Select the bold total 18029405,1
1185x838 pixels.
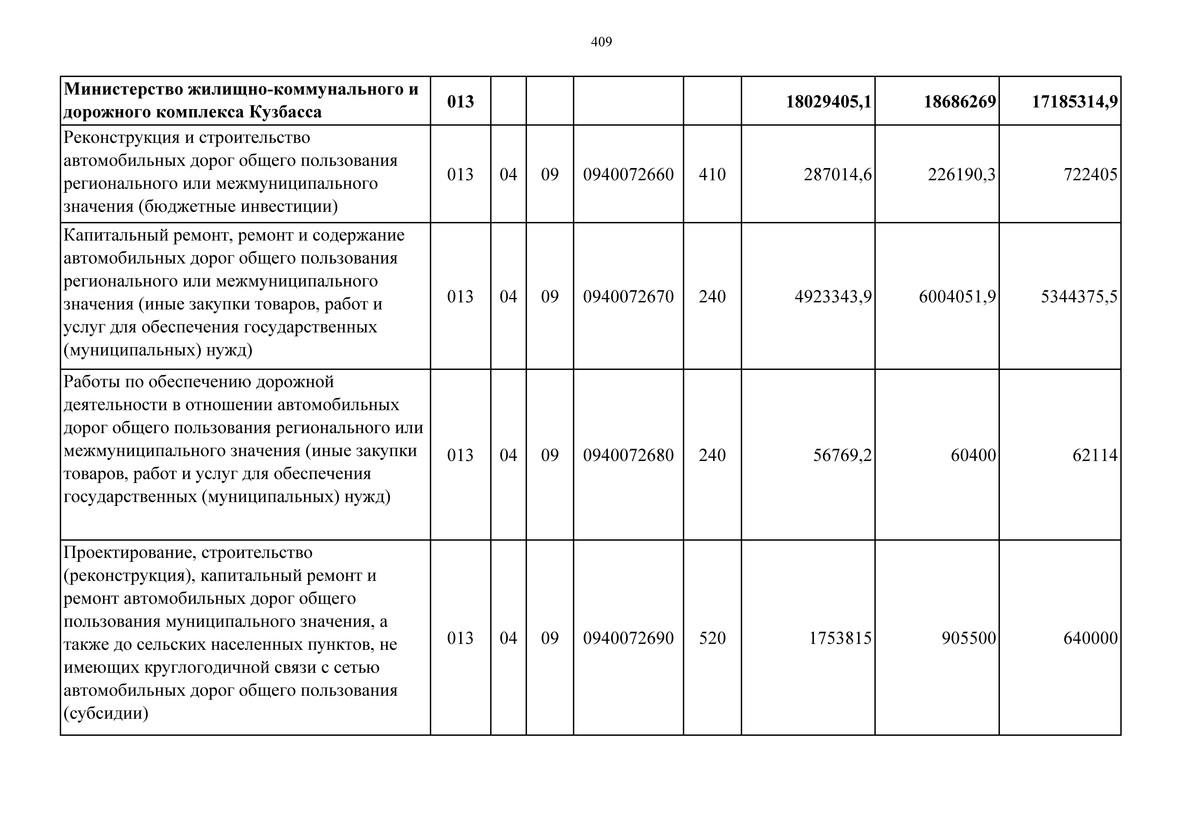coord(828,102)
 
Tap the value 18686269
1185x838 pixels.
coord(960,102)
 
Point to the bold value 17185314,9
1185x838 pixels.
coord(1075,102)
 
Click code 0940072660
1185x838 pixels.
coord(628,174)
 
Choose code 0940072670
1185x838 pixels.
coord(628,296)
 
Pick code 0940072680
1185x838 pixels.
coord(628,455)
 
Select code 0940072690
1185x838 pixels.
coord(628,638)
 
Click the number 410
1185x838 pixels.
coord(712,174)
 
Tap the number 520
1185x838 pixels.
coord(712,638)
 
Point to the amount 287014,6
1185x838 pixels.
coord(838,174)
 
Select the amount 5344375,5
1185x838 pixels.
coord(1079,296)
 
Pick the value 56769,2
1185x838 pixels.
coord(842,455)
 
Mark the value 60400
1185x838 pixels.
coord(973,455)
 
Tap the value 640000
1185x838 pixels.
coord(1090,638)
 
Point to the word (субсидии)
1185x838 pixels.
coord(106,714)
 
